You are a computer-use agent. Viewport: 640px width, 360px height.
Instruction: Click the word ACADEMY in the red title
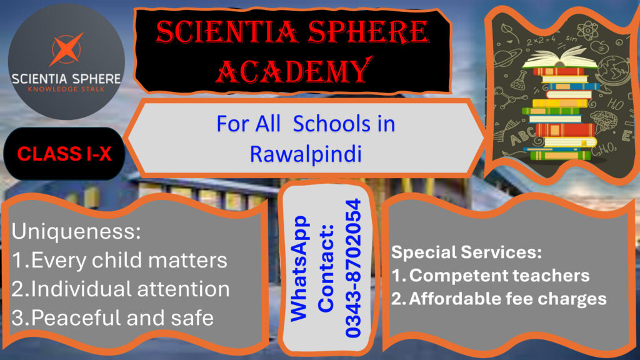click(294, 71)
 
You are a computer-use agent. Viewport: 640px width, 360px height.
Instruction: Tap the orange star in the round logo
click(66, 49)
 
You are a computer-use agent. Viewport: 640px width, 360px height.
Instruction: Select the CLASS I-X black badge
click(64, 154)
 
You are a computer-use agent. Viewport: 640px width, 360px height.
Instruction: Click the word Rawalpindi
click(306, 154)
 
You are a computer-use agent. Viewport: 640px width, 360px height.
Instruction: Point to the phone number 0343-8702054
click(353, 268)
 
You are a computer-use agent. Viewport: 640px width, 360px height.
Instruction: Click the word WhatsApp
click(299, 269)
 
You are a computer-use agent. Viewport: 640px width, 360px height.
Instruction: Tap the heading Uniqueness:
click(76, 232)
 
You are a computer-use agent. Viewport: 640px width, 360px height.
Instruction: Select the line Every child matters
click(119, 261)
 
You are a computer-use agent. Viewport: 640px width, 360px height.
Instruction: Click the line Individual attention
click(121, 289)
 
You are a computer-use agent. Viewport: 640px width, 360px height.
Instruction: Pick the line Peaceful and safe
click(112, 318)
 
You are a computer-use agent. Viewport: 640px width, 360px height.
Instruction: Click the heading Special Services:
click(466, 252)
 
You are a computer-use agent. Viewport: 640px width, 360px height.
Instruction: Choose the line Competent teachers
click(491, 276)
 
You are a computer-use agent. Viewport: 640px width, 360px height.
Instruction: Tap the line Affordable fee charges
click(499, 299)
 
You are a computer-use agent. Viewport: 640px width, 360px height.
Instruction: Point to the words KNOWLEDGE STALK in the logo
click(66, 89)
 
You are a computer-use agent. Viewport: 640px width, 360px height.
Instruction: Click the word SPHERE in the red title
click(368, 32)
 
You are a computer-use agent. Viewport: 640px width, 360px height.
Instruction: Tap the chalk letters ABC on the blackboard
click(523, 136)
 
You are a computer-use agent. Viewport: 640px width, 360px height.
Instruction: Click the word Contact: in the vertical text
click(326, 269)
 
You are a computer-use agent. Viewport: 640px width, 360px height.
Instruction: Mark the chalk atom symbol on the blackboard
click(587, 30)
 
